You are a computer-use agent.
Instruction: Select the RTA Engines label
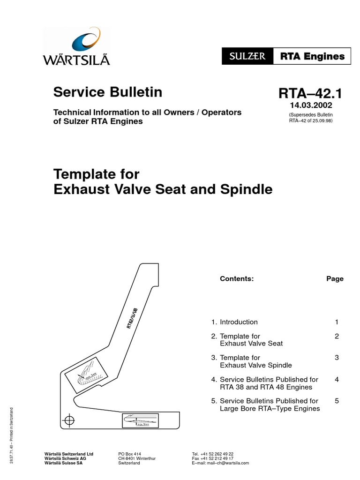pos(312,57)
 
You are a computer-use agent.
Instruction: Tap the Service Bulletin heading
pos(108,92)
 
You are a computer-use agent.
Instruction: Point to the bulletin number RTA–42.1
pos(310,94)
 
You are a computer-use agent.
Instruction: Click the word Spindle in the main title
pos(244,189)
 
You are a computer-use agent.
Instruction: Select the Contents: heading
pos(237,278)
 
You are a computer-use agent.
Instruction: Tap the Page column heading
pos(335,278)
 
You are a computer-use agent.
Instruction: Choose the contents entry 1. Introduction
pos(234,322)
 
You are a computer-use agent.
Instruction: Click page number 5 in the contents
pos(337,401)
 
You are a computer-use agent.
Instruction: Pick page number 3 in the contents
pos(337,358)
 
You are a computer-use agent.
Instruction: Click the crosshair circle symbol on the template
pos(69,420)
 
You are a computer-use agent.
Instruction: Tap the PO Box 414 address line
pos(130,454)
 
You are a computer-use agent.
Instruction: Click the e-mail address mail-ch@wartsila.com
pos(220,463)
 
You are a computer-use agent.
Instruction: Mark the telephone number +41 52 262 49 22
pos(213,454)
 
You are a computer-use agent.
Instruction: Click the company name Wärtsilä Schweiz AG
pos(65,458)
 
